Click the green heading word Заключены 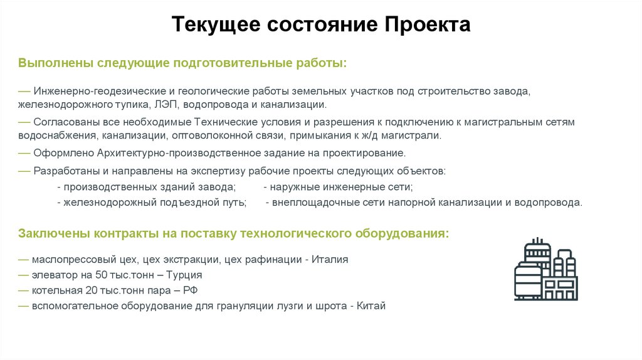tap(54, 233)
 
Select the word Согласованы tap(66, 122)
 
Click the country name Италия tap(330, 259)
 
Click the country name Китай tap(372, 306)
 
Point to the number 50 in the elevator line tap(102, 275)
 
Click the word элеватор tap(55, 275)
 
